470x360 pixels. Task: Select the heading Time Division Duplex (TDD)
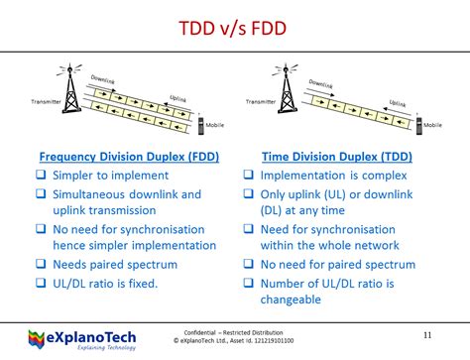336,156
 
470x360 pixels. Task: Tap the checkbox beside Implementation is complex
251,176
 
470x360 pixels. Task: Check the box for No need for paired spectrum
251,265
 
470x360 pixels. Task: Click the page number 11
427,334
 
